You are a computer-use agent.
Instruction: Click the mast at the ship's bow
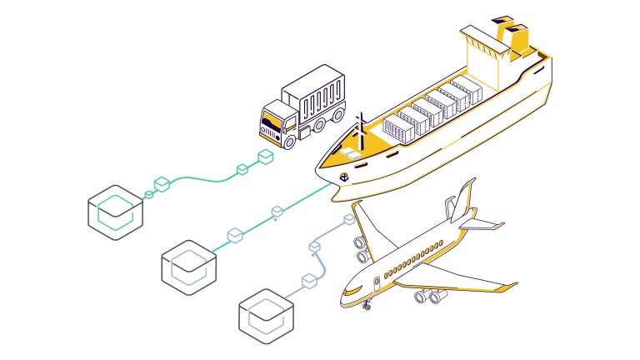(x=362, y=125)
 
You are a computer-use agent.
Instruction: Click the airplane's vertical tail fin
(x=461, y=201)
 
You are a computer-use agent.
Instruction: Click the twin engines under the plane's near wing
(x=429, y=294)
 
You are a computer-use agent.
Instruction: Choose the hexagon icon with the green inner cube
(x=116, y=208)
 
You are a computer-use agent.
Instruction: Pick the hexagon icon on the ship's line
(x=189, y=267)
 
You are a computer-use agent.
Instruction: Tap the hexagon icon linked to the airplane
(x=267, y=316)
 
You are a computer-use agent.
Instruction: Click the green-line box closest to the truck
(x=266, y=157)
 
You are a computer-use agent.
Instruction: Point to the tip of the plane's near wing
(x=510, y=289)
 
